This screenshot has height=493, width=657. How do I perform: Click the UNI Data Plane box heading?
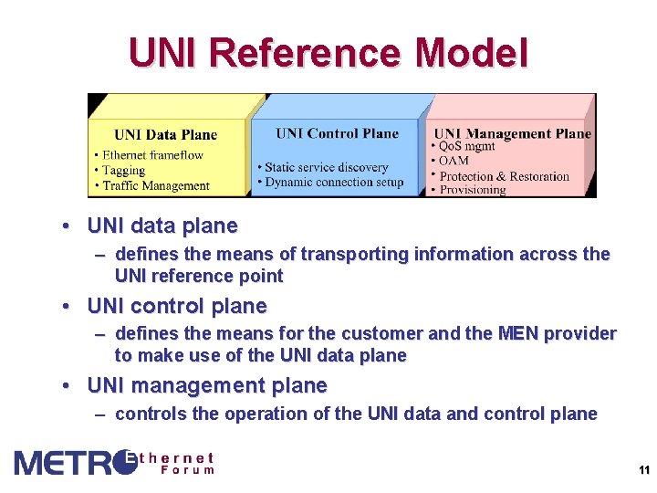point(166,134)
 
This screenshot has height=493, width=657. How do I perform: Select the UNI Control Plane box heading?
point(338,133)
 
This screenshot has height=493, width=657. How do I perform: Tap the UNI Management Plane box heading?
point(512,133)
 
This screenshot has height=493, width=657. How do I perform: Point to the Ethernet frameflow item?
point(152,155)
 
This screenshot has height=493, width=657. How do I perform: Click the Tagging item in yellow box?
point(123,171)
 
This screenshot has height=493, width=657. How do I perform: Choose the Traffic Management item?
point(156,186)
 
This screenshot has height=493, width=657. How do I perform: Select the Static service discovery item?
point(326,167)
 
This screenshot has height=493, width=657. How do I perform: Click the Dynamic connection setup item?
point(333,182)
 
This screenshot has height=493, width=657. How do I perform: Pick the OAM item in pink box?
point(454,161)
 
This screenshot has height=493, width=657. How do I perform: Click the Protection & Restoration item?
point(504,176)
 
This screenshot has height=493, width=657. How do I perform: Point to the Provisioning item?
point(472,190)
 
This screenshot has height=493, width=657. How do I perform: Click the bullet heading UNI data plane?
point(162,226)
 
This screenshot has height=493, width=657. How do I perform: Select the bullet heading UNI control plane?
point(176,306)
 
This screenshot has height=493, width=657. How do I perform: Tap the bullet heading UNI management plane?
point(206,386)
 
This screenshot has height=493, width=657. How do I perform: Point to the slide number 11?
point(643,471)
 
